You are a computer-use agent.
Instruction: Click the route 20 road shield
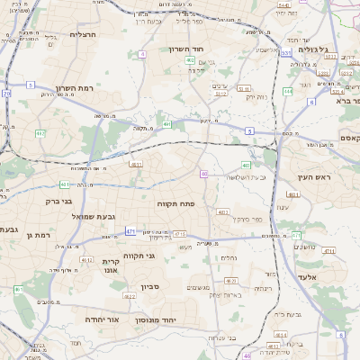pos(7,94)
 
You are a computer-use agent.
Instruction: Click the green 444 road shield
pos(287,91)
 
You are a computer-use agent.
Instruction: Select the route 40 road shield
pos(204,174)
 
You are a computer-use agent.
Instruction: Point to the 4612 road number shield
pos(86,259)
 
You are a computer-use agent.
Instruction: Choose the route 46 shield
pos(247,355)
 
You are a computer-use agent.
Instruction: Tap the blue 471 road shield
pos(130,231)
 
